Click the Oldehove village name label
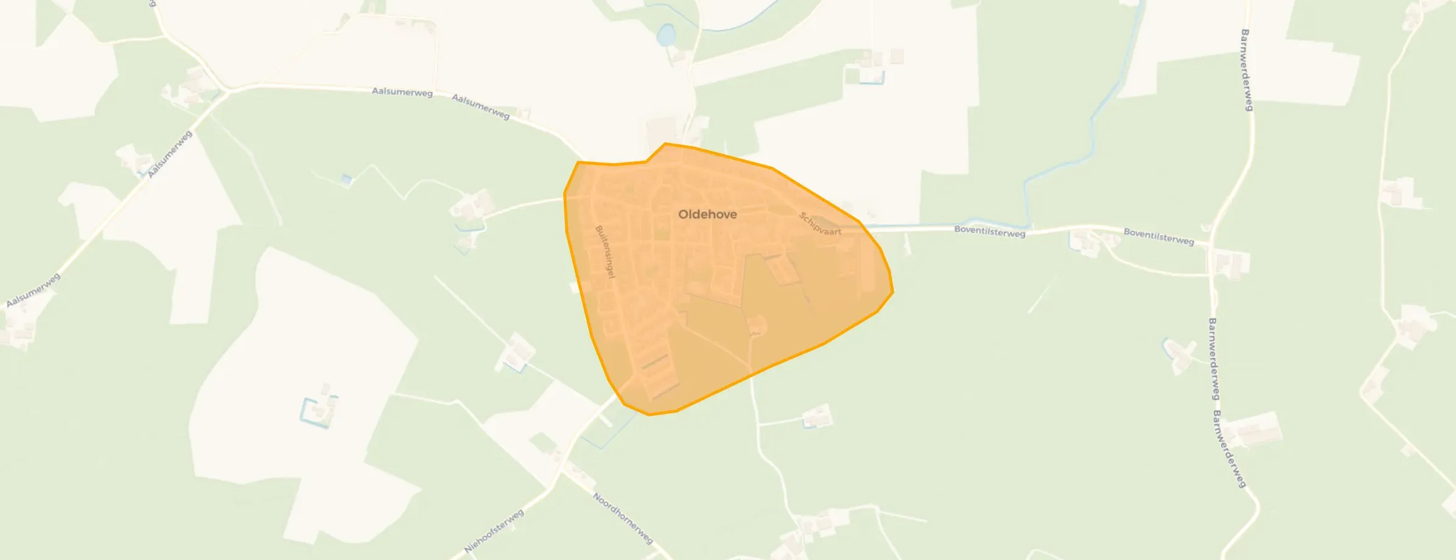click(x=707, y=214)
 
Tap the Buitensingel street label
click(x=605, y=252)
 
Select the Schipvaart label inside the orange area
click(x=820, y=223)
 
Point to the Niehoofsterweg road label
click(x=494, y=531)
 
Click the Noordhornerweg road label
click(x=623, y=518)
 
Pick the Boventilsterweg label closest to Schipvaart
click(x=989, y=231)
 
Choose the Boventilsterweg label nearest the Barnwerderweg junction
click(x=1158, y=236)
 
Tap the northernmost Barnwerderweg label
click(x=1246, y=70)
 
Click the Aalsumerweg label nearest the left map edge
click(x=33, y=290)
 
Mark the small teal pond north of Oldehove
click(x=665, y=35)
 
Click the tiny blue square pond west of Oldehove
click(x=346, y=180)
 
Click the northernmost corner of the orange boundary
click(x=665, y=144)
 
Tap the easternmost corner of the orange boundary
click(x=892, y=292)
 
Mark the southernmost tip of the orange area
click(x=649, y=415)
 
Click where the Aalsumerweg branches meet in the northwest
click(x=227, y=93)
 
